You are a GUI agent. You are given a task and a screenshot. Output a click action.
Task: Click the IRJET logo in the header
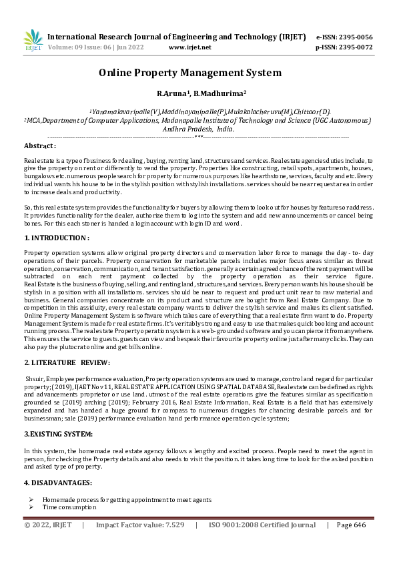coord(32,41)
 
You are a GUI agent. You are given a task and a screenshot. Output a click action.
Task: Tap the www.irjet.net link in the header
coord(190,47)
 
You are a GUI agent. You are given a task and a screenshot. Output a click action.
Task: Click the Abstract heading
coord(40,146)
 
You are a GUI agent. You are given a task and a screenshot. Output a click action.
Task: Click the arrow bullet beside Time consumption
coord(31,507)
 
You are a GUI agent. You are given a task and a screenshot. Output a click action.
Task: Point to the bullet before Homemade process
coord(31,499)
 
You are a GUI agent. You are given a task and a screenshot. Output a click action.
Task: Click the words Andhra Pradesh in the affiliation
coord(191,129)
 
